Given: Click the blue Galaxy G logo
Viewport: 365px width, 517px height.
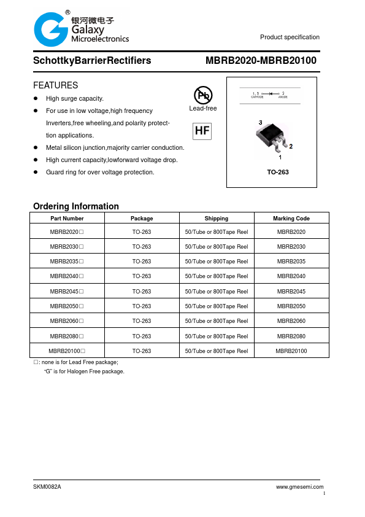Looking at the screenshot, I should (x=51, y=29).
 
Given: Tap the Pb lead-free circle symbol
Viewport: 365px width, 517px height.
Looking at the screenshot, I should (x=203, y=95).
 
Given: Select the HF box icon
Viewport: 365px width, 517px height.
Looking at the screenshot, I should (x=202, y=131).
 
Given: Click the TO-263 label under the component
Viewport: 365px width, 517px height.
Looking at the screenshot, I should (x=277, y=172).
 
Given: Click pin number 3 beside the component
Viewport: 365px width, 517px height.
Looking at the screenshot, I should (x=260, y=123).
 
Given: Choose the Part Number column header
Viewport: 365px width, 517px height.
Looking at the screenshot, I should (x=67, y=219).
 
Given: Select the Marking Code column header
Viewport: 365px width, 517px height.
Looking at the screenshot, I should (x=291, y=219).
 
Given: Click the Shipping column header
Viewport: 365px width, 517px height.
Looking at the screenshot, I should (x=216, y=219).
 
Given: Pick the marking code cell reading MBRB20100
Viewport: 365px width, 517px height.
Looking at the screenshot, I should (x=291, y=351).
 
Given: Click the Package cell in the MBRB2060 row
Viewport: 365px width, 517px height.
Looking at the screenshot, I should (x=142, y=321).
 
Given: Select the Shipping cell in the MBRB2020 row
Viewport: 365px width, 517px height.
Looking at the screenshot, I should (x=216, y=232).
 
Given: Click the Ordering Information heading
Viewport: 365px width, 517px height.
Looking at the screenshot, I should (x=76, y=206).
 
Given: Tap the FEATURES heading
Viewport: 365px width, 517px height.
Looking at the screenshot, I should (x=55, y=85).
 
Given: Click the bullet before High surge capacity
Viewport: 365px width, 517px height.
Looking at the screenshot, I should (x=36, y=99).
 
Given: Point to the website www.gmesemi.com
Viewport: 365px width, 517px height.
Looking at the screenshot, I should (x=300, y=487).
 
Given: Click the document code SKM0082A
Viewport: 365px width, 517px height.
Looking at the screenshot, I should (x=47, y=487).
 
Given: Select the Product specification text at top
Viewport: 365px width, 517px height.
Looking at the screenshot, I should (x=290, y=37).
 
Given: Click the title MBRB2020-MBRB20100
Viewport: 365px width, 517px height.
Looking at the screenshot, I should (x=261, y=61).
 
